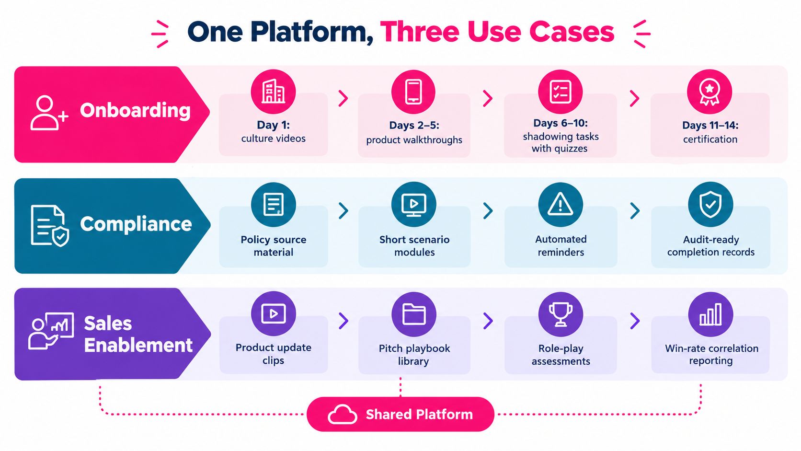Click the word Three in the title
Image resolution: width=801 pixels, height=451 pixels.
[x=420, y=32]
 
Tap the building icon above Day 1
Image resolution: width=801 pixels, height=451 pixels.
[x=273, y=91]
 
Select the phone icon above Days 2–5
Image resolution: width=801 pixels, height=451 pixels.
[x=413, y=92]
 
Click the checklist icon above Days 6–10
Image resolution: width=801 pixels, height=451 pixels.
[x=561, y=92]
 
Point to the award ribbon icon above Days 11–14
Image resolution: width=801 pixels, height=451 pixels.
[x=709, y=92]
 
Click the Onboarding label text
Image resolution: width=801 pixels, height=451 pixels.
[x=135, y=111]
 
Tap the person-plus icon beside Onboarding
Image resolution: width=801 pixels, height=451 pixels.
[x=49, y=113]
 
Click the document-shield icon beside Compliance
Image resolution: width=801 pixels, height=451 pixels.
[x=50, y=225]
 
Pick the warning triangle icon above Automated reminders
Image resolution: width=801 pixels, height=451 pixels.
[x=561, y=204]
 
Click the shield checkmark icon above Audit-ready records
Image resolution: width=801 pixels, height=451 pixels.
[x=710, y=204]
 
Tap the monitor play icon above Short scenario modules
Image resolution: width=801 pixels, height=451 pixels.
[x=414, y=205]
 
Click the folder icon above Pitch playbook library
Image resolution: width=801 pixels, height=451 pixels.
[x=414, y=314]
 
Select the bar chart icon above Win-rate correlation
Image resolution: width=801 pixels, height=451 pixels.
[x=710, y=314]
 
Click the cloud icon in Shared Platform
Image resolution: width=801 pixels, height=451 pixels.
[x=342, y=414]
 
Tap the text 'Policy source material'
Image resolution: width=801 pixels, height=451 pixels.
[x=274, y=246]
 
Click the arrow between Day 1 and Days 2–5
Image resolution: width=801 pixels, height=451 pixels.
[x=343, y=98]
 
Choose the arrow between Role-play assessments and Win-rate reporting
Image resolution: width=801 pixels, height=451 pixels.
[x=635, y=321]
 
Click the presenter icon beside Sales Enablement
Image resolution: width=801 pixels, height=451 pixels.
[x=51, y=331]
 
